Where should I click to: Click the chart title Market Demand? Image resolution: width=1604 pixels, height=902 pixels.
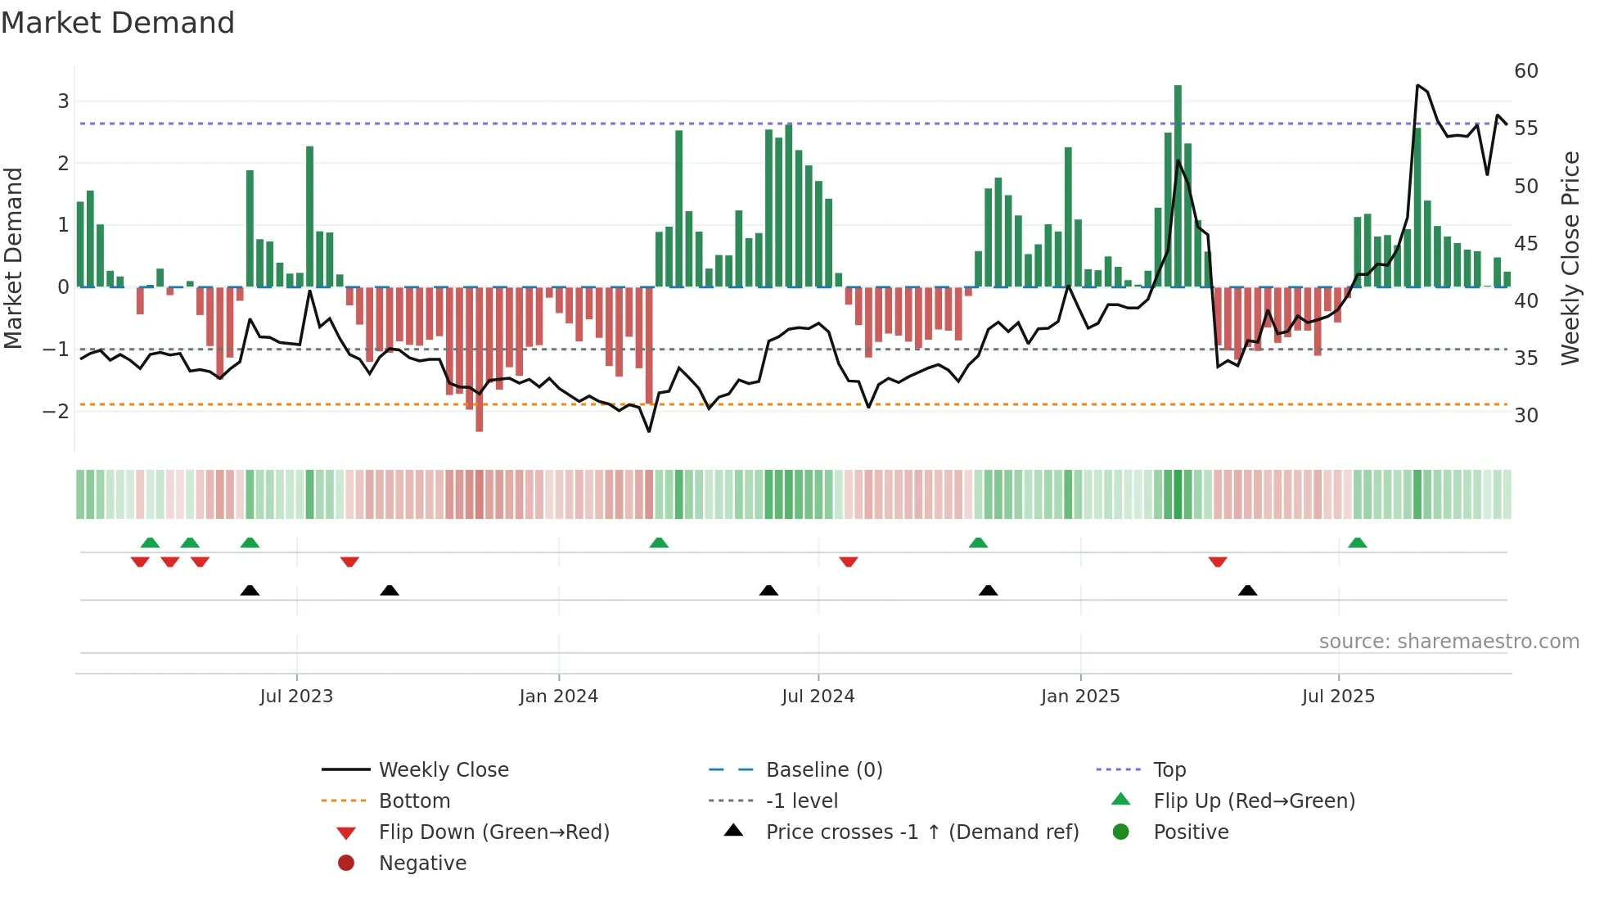pyautogui.click(x=118, y=23)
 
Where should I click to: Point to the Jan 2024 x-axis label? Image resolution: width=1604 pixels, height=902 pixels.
pyautogui.click(x=559, y=697)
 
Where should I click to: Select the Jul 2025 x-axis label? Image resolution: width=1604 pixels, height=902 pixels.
pyautogui.click(x=1338, y=697)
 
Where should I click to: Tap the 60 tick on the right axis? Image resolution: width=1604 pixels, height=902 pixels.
pyautogui.click(x=1525, y=71)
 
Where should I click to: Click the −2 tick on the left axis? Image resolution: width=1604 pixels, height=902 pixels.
pyautogui.click(x=56, y=411)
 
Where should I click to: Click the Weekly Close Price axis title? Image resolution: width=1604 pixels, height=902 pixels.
pyautogui.click(x=1570, y=258)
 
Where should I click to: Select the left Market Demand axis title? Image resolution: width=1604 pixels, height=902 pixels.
pyautogui.click(x=13, y=258)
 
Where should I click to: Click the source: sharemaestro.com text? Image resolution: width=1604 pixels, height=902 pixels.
pyautogui.click(x=1449, y=642)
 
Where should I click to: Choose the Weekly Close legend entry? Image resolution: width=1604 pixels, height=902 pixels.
pyautogui.click(x=443, y=770)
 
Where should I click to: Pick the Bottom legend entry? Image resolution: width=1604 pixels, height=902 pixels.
pyautogui.click(x=414, y=801)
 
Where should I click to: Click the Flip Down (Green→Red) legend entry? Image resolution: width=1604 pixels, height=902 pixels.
pyautogui.click(x=493, y=832)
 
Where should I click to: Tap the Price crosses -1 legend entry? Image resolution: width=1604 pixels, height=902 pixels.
pyautogui.click(x=921, y=832)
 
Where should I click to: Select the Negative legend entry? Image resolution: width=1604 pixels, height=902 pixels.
pyautogui.click(x=422, y=864)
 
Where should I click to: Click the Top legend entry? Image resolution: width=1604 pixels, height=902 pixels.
pyautogui.click(x=1169, y=770)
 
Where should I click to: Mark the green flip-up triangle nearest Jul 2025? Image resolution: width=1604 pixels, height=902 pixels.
pyautogui.click(x=1357, y=543)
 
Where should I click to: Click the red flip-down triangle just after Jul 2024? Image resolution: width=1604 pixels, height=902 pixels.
pyautogui.click(x=848, y=561)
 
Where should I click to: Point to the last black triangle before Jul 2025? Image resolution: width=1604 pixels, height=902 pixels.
pyautogui.click(x=1247, y=590)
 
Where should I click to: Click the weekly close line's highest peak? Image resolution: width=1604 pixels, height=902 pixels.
pyautogui.click(x=1417, y=85)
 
